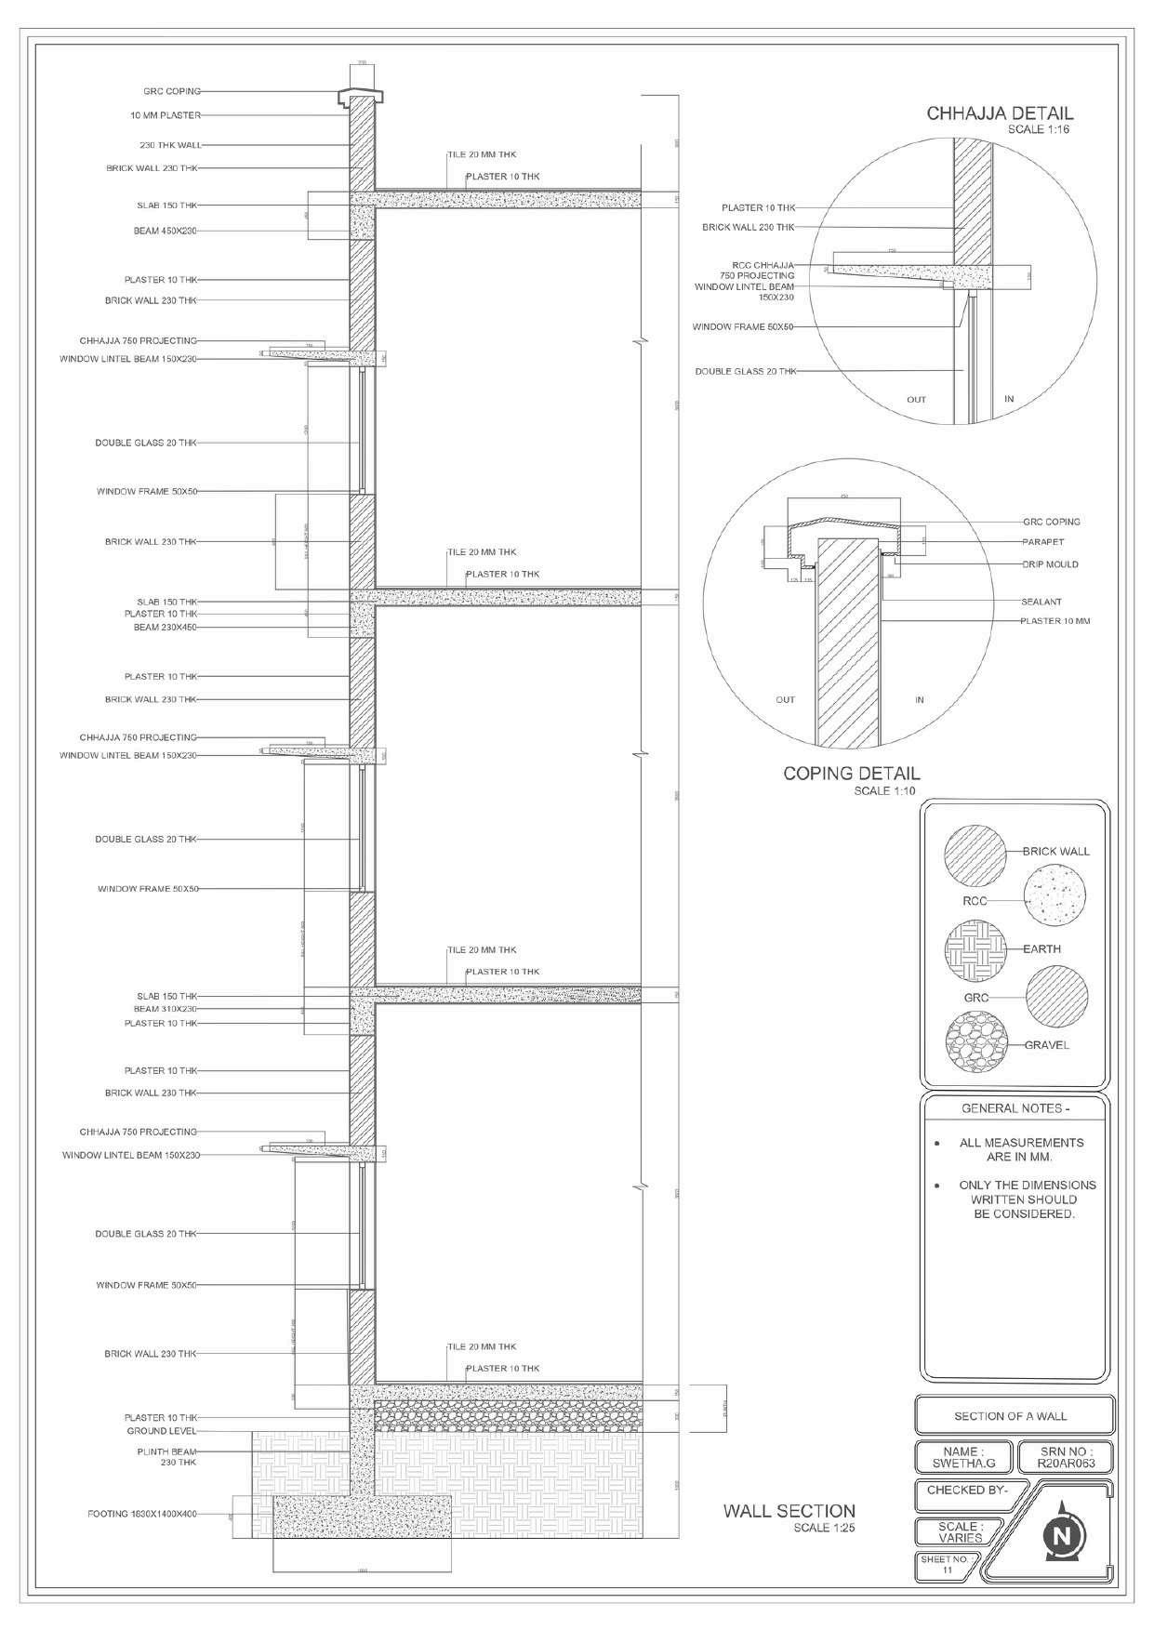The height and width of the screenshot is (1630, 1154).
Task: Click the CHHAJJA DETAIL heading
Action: click(x=1000, y=114)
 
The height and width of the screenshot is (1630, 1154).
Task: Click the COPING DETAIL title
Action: click(x=852, y=773)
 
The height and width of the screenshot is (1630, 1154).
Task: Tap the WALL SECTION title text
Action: click(x=789, y=1511)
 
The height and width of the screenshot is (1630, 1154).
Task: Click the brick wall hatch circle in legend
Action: click(x=975, y=856)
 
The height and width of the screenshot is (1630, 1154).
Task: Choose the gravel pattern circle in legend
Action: click(x=975, y=1047)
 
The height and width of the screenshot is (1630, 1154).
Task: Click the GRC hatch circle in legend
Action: click(x=1055, y=996)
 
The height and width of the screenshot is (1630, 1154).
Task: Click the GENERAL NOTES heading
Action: click(x=1015, y=1109)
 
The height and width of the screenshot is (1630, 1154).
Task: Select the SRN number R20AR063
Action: click(x=1066, y=1464)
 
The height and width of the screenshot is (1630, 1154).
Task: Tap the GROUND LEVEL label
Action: click(x=162, y=1431)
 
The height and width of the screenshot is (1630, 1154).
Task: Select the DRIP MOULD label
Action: click(x=1049, y=564)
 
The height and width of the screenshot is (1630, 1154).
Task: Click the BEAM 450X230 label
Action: click(x=165, y=230)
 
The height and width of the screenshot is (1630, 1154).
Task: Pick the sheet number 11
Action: click(x=948, y=1570)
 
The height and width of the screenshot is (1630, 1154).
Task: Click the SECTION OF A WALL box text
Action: click(x=1010, y=1416)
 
